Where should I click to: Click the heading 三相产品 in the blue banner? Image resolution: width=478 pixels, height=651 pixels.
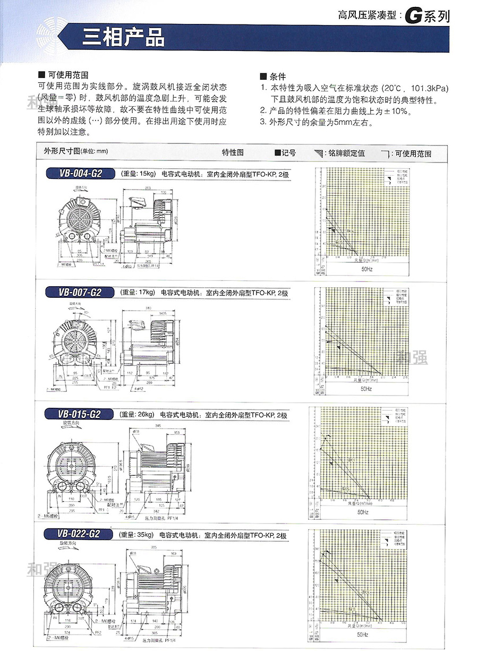coord(123,38)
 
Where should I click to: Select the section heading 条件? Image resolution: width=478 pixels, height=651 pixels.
coord(277,76)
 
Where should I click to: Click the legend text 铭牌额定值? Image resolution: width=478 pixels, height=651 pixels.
coord(346,153)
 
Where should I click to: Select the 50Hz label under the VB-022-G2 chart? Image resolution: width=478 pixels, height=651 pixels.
coord(363,634)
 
